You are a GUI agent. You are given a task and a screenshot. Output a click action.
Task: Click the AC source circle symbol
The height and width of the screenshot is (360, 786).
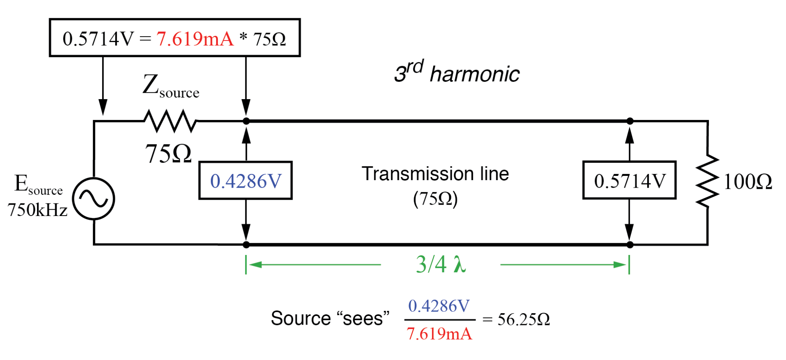[x=94, y=199]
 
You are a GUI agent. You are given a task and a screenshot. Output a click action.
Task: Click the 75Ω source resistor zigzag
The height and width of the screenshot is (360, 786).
[x=170, y=121]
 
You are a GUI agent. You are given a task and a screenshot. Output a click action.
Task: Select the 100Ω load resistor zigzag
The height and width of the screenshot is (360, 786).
[x=707, y=181]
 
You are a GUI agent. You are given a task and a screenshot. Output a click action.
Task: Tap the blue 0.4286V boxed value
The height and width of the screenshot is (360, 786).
[x=246, y=181]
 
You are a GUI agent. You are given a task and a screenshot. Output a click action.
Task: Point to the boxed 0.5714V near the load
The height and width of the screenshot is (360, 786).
[x=629, y=181]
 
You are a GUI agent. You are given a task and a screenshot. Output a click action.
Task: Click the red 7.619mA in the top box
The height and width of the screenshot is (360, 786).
[x=195, y=39]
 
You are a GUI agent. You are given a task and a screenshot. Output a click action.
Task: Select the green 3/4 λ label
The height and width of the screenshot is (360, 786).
[x=441, y=264]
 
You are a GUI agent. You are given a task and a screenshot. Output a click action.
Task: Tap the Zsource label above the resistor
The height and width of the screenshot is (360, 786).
[x=171, y=86]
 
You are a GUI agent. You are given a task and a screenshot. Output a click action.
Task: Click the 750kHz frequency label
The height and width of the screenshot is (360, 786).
[x=37, y=210]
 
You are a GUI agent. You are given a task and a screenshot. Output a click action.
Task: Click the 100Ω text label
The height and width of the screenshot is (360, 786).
[x=747, y=182]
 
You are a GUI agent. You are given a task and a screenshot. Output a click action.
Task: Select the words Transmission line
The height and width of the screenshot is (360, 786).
[x=435, y=174]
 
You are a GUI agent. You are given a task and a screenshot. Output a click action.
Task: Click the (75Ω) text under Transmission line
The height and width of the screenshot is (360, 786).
[x=435, y=199]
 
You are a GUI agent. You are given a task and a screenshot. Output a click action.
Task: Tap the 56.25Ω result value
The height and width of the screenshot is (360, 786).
[x=523, y=319]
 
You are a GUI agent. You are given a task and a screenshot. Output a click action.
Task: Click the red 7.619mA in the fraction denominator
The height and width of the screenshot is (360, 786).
[x=439, y=334]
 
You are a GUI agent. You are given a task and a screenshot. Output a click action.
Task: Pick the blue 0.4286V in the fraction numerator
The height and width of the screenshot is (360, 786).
[x=439, y=306]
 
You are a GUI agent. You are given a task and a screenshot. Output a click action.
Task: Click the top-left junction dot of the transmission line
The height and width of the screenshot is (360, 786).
[x=246, y=121]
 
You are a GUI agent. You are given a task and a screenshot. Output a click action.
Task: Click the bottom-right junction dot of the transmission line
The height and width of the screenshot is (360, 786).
[x=630, y=245]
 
